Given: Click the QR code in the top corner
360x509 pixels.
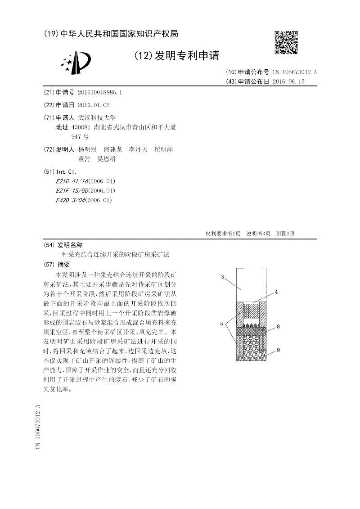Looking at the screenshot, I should pos(286,43).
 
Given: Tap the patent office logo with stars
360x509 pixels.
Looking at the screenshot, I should pos(76,62).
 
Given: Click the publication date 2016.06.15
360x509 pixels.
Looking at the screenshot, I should pos(289,81).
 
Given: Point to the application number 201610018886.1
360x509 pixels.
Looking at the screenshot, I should pos(99,92).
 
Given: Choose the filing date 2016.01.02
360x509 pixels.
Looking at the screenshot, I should pos(94,105).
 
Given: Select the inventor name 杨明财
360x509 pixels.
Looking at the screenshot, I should pos(87,149).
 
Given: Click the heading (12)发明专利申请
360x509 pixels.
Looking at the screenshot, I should pos(177,56).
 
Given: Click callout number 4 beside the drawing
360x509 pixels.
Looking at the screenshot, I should pos(276,292).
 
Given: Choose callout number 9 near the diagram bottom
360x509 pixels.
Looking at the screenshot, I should pos(278,350).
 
